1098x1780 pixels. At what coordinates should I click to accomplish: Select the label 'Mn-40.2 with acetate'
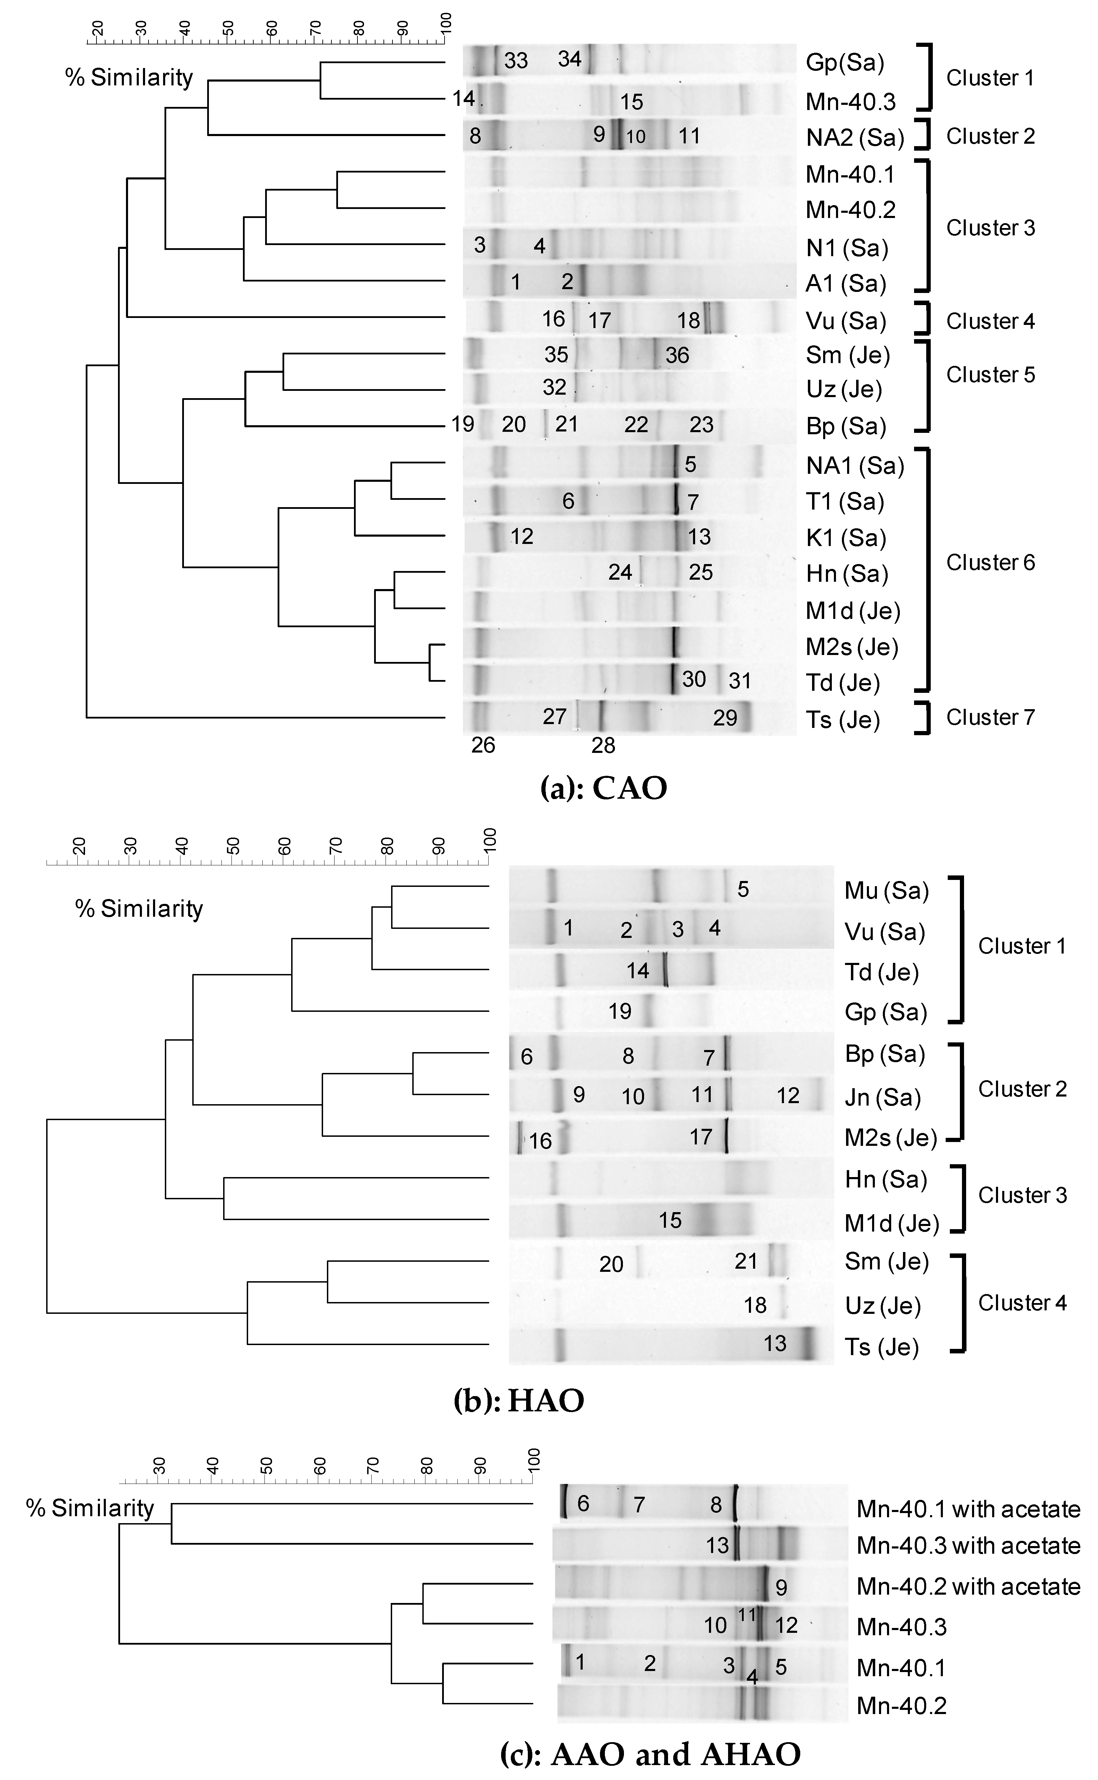click(x=968, y=1587)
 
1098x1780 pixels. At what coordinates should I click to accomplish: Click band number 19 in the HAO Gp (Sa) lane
click(x=620, y=1011)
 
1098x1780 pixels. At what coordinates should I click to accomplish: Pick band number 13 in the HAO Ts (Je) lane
click(x=775, y=1344)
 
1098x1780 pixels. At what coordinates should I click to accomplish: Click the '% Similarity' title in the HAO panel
click(x=139, y=908)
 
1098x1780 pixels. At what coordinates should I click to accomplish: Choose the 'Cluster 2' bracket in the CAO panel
click(x=924, y=136)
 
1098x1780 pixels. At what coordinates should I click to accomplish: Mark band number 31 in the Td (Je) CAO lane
click(x=739, y=681)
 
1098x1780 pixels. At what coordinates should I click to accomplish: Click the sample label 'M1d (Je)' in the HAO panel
click(x=892, y=1224)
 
